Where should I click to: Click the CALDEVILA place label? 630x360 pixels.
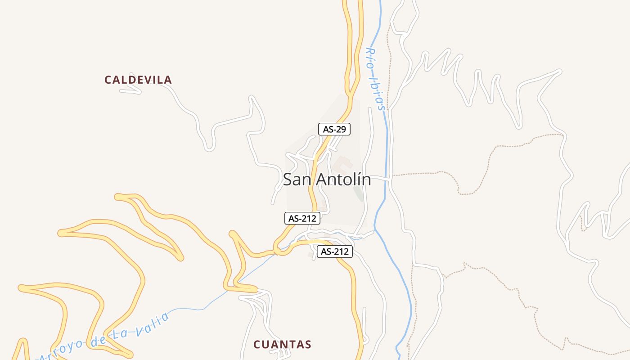(138, 80)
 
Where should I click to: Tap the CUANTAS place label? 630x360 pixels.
(282, 345)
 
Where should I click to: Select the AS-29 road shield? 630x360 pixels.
(334, 129)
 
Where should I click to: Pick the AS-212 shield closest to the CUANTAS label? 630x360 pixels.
(334, 252)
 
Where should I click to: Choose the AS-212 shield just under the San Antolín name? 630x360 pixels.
(302, 219)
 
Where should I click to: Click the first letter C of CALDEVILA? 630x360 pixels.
(108, 80)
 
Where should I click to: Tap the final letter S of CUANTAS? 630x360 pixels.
(308, 345)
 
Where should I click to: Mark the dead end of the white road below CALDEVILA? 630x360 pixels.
(121, 90)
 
